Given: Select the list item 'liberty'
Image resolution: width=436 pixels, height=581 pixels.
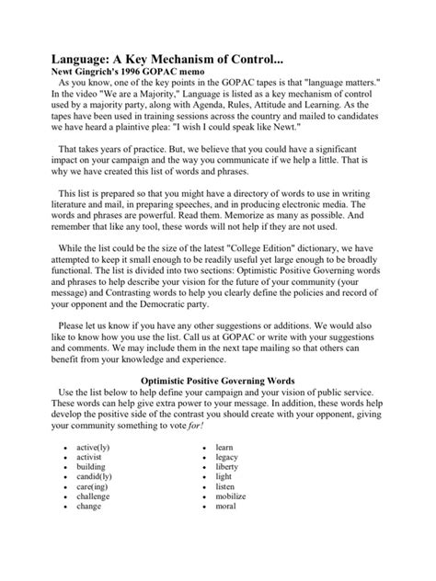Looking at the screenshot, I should pos(227,468).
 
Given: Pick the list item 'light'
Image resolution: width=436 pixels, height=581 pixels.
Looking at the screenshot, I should pos(224,481).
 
